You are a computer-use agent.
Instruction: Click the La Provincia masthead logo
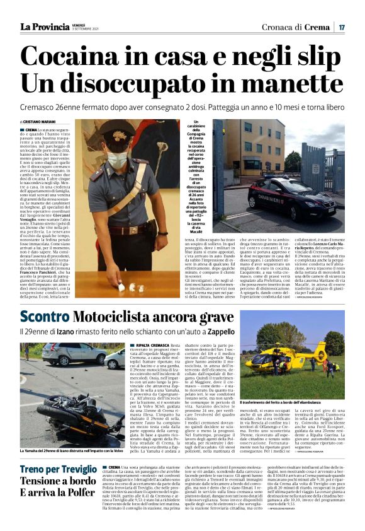44,26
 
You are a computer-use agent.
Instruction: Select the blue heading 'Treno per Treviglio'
58,469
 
